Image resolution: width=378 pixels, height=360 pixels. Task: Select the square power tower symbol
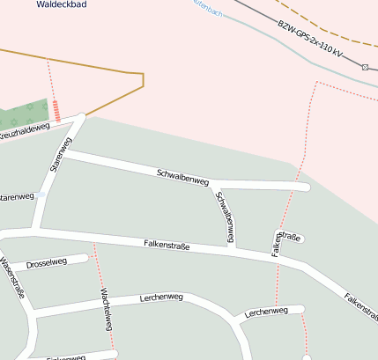[x=365, y=66]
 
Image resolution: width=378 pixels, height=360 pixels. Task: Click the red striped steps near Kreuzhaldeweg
[x=57, y=111]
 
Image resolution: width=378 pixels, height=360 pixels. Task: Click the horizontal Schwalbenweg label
[x=182, y=176]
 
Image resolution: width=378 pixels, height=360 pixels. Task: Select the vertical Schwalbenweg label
[x=226, y=217]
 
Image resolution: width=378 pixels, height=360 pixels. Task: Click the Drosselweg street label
[x=47, y=262]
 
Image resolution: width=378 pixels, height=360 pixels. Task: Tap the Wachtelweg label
[x=107, y=309]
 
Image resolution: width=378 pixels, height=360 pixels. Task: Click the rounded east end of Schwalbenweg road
[x=305, y=187]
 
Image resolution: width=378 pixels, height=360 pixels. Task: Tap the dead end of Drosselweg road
[x=85, y=258]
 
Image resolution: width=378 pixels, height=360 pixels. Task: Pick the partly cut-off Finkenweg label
[x=66, y=357]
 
